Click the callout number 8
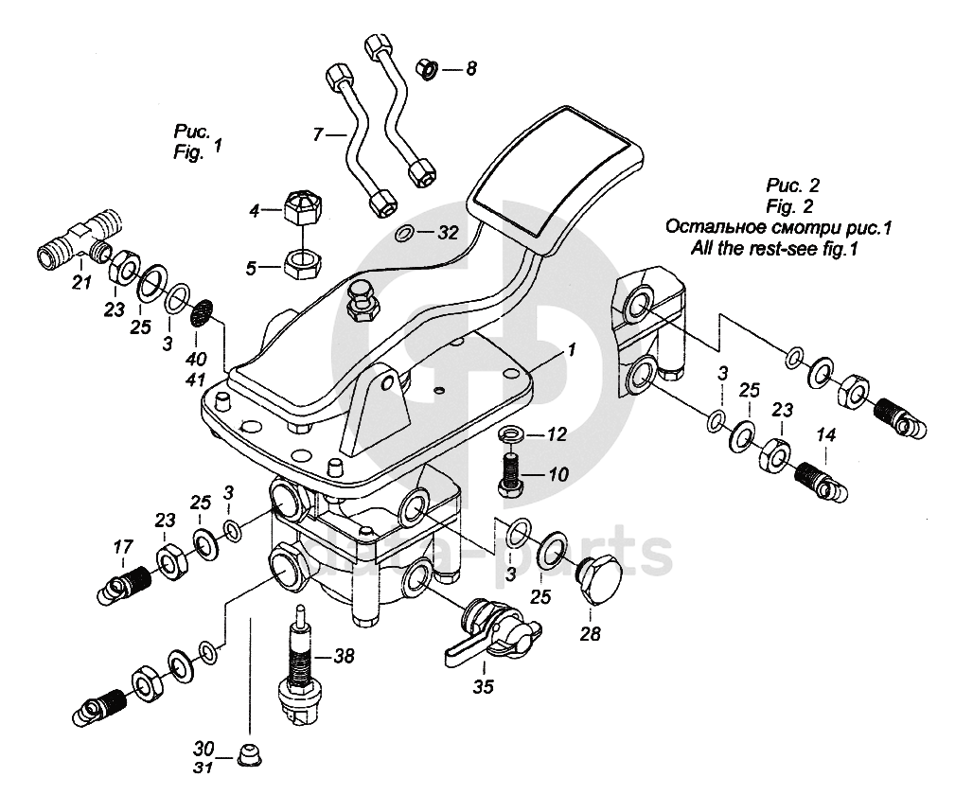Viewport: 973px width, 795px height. (x=471, y=68)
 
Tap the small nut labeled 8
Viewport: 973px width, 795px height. (x=426, y=68)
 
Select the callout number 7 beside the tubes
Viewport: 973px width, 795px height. (x=319, y=135)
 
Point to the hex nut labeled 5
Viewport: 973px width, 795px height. (x=301, y=261)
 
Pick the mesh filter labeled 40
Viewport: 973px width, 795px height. (x=202, y=313)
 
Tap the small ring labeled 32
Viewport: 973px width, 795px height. (x=403, y=233)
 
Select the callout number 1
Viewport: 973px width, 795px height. (x=571, y=350)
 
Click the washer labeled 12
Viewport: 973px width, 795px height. (x=509, y=434)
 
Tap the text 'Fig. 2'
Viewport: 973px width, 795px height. (x=787, y=204)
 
